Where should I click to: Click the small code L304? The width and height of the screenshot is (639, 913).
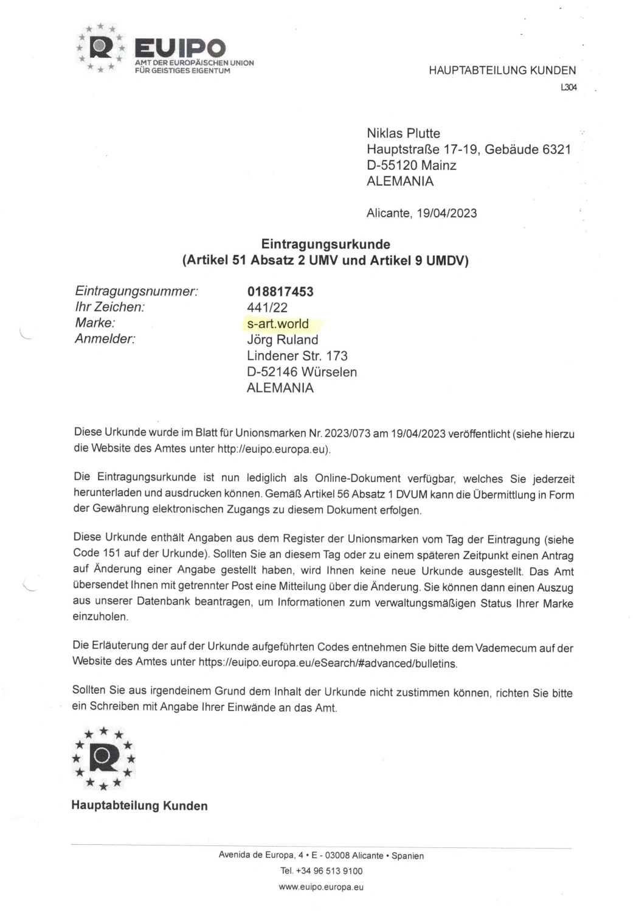tap(568, 88)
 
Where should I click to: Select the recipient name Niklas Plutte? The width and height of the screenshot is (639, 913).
tap(403, 133)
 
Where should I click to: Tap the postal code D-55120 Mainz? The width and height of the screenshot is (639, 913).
tap(411, 165)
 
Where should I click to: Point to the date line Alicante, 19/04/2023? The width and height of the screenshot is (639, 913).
tap(421, 213)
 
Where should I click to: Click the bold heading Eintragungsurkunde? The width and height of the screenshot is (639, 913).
tap(325, 244)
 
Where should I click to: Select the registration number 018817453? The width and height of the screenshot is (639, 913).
tap(280, 291)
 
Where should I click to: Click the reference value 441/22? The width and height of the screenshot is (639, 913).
tap(267, 307)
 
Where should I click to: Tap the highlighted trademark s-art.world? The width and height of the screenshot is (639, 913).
tap(278, 323)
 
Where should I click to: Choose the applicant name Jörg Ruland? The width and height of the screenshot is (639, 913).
tap(282, 340)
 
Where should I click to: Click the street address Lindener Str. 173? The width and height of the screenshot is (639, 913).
tap(297, 355)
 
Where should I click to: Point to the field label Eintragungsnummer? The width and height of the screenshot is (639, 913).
tap(136, 291)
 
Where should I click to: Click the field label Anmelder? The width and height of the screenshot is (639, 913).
tap(105, 339)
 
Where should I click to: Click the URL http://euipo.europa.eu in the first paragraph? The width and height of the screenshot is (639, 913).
tap(273, 450)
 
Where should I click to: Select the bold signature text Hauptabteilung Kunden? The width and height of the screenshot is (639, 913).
tap(139, 805)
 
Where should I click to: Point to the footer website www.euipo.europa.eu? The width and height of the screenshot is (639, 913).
tap(321, 887)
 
